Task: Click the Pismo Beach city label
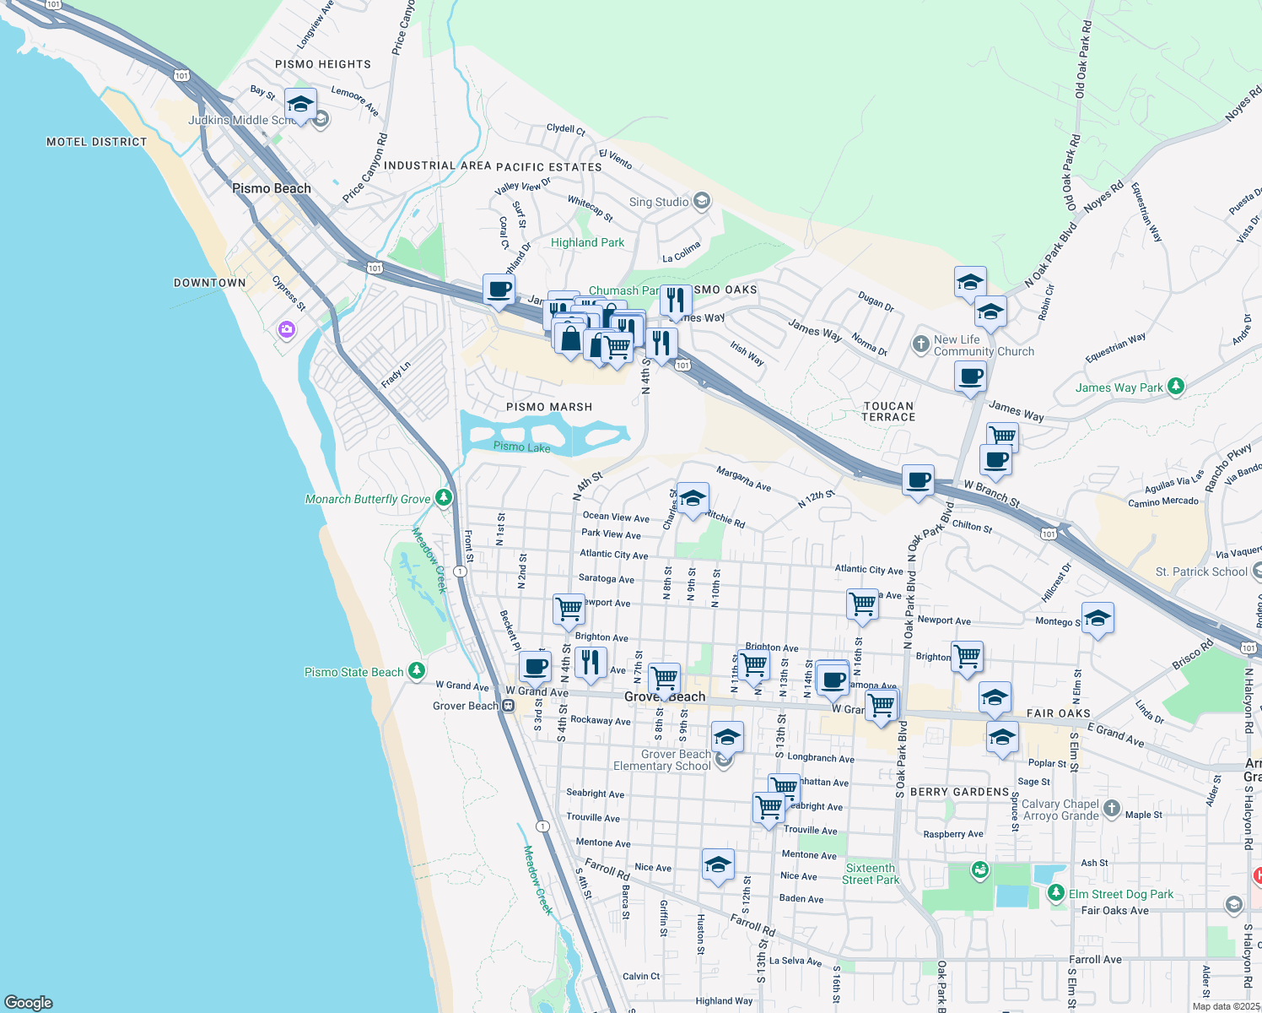[272, 188]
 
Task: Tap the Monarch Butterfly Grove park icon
[444, 498]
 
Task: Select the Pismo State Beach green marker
[416, 671]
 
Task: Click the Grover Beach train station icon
[508, 706]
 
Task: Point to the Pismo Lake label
[521, 447]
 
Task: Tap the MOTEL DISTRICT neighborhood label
[96, 142]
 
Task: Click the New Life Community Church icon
[920, 344]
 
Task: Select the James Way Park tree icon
[1175, 387]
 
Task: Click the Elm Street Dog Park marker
[1055, 893]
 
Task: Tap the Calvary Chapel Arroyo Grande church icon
[1111, 809]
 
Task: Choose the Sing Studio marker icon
[702, 202]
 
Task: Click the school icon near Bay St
[300, 105]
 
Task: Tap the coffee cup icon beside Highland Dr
[499, 290]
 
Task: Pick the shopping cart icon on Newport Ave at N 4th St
[569, 608]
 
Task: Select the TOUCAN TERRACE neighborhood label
[888, 411]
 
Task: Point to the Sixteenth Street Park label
[870, 874]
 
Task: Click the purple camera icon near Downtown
[287, 329]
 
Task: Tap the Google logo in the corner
[28, 1002]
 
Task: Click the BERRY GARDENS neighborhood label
[960, 792]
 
